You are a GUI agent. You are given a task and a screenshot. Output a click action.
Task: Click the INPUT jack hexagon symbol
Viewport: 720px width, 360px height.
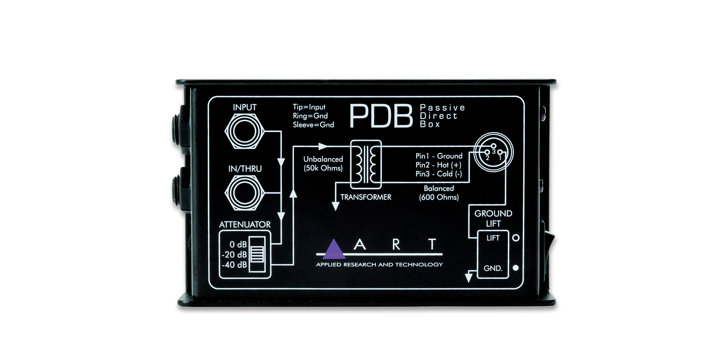point(245,131)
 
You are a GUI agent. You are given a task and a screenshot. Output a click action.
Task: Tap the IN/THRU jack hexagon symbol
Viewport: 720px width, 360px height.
point(245,193)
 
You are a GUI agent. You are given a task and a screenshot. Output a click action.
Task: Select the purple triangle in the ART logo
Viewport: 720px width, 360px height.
point(334,249)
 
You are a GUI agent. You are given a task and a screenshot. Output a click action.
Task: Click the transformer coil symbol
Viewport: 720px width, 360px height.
point(366,165)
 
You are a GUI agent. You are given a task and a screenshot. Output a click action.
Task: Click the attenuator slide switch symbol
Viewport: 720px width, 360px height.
point(257,254)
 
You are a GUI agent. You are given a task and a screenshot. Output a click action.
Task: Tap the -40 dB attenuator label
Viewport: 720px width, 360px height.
point(234,265)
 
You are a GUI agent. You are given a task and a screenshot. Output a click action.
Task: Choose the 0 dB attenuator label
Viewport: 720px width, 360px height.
point(238,244)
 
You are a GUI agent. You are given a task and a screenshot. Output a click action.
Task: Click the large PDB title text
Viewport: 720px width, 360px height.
point(381,116)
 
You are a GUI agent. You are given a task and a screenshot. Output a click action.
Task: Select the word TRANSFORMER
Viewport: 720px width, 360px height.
point(366,197)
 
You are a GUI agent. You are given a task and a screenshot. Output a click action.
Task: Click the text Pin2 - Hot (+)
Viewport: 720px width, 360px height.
point(438,165)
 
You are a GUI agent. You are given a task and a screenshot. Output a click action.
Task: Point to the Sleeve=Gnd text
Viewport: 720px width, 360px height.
point(313,125)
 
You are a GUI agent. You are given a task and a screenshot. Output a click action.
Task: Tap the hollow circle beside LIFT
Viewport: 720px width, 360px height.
point(516,238)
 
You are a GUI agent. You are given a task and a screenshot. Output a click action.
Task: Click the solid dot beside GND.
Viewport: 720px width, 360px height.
point(516,268)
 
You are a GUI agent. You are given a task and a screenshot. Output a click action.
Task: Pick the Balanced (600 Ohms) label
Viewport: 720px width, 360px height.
point(439,193)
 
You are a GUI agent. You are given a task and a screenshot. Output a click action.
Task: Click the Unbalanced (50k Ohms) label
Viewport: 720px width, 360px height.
point(323,163)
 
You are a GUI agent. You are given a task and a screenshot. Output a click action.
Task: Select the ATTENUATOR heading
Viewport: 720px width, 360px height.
point(245,225)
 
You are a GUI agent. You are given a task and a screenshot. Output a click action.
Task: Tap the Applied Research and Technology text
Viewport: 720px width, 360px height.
point(379,265)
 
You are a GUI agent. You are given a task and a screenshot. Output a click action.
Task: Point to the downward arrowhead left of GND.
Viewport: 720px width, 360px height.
point(468,278)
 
